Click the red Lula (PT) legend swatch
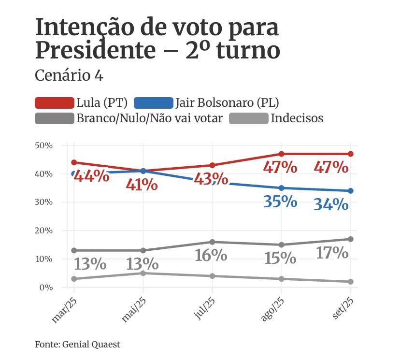[x=55, y=102]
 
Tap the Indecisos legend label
[x=297, y=118]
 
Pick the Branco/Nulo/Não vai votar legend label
[x=149, y=118]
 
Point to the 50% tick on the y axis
[x=43, y=145]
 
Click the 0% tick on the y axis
[x=45, y=288]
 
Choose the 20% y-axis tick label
[x=43, y=231]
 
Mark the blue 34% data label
[x=331, y=204]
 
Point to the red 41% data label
[x=142, y=185]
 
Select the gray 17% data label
[x=331, y=253]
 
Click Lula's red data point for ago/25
[x=282, y=154]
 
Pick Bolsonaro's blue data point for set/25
[x=351, y=191]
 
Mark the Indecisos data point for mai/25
[x=143, y=274]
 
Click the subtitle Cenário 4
[x=69, y=76]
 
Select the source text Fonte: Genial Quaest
[x=77, y=345]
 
